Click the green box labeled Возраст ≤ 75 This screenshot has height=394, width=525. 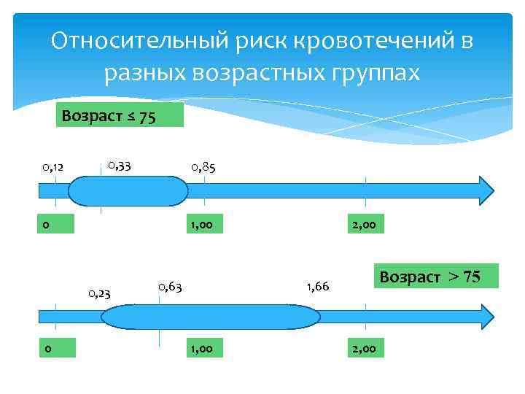click(x=119, y=116)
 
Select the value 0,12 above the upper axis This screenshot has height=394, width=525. click(x=53, y=168)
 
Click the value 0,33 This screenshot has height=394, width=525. click(x=119, y=166)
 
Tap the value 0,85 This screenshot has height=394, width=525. click(x=203, y=168)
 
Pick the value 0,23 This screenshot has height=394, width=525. click(x=99, y=294)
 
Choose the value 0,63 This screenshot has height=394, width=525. click(x=169, y=286)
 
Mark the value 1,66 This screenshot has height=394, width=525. click(x=318, y=287)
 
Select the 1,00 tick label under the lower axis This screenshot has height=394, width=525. click(x=201, y=349)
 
